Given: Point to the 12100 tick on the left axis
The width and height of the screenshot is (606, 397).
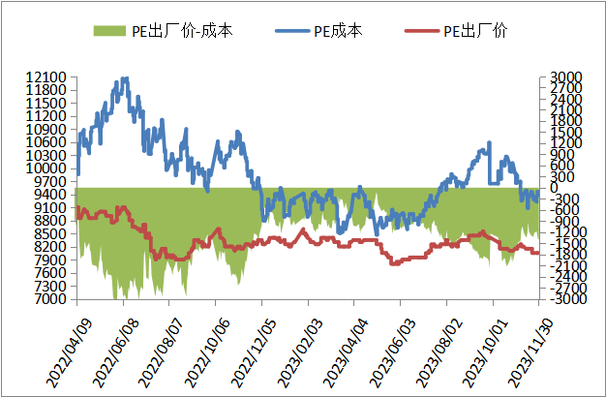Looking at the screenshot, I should tap(45, 76).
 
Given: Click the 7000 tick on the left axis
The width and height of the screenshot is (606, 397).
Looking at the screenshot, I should tap(49, 299).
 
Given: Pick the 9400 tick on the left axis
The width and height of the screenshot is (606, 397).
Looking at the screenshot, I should tap(49, 195).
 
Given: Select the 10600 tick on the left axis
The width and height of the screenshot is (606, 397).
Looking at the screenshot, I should tap(45, 142).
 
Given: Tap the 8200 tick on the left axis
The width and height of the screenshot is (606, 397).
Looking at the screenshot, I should tap(49, 247).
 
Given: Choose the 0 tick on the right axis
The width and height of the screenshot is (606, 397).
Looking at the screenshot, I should tap(549, 188).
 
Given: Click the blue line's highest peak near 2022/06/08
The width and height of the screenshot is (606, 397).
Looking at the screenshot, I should tap(124, 78).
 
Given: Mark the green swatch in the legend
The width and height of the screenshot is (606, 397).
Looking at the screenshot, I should tap(109, 31).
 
